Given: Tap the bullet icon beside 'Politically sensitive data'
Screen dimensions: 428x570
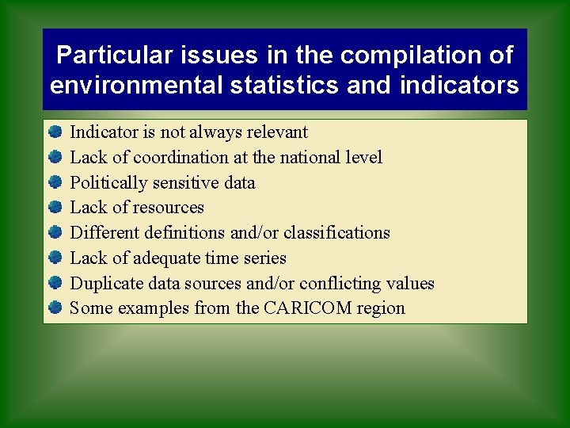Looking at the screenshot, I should [55, 182].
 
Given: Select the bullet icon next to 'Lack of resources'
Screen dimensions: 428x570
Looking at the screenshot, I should [55, 208].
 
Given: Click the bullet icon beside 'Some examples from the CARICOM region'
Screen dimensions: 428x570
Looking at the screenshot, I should [55, 308].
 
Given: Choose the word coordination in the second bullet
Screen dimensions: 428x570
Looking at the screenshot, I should [180, 157].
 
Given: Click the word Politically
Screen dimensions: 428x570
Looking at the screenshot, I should [108, 182].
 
